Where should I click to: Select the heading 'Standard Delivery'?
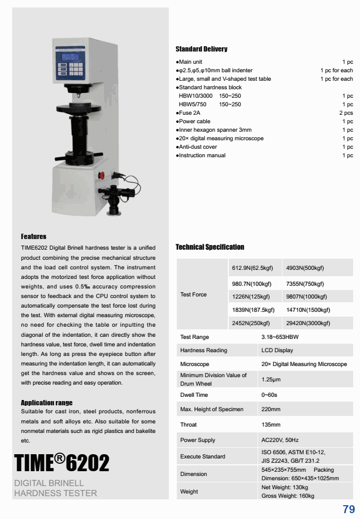pyautogui.click(x=201, y=49)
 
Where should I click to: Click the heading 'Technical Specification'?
pyautogui.click(x=210, y=247)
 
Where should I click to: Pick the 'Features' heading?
pyautogui.click(x=33, y=236)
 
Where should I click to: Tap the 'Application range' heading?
pyautogui.click(x=47, y=403)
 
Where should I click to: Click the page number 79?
pyautogui.click(x=348, y=509)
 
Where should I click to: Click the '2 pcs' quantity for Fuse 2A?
pyautogui.click(x=346, y=113)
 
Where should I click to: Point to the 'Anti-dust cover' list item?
pyautogui.click(x=198, y=147)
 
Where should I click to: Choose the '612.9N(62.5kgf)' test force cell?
pyautogui.click(x=252, y=268)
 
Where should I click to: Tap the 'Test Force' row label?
pyautogui.click(x=193, y=295)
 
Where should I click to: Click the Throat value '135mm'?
pyautogui.click(x=271, y=424)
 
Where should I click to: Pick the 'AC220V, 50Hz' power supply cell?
pyautogui.click(x=280, y=440)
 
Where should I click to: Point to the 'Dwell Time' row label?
pyautogui.click(x=194, y=395)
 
